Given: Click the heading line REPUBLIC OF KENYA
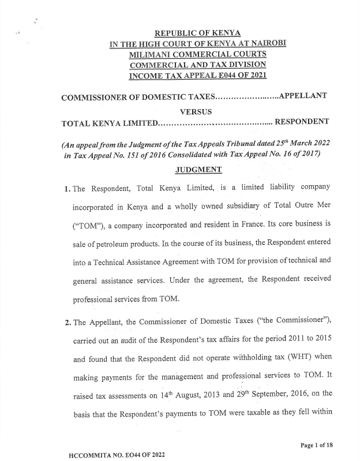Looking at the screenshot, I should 193,33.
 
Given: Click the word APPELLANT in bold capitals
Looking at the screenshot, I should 303,96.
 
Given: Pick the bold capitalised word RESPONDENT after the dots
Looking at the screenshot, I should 302,122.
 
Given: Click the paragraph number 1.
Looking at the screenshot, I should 67,189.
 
